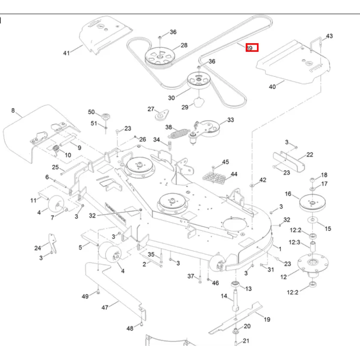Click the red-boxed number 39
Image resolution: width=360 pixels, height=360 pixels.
pyautogui.click(x=251, y=48)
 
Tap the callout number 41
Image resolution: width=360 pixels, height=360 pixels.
pyautogui.click(x=66, y=53)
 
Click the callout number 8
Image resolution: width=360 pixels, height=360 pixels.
pyautogui.click(x=13, y=111)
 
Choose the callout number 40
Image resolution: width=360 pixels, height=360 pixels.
pyautogui.click(x=272, y=87)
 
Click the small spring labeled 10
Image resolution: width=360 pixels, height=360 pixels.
pyautogui.click(x=56, y=149)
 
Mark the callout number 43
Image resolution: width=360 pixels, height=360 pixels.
pyautogui.click(x=329, y=36)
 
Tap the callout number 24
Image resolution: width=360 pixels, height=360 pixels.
pyautogui.click(x=38, y=248)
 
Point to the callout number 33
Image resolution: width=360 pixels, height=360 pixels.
pyautogui.click(x=230, y=120)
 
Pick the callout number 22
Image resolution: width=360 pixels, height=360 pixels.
pyautogui.click(x=310, y=155)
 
